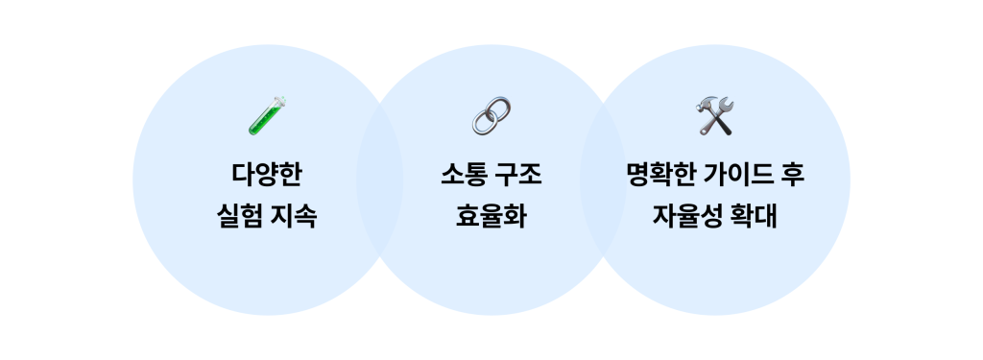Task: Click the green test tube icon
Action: pos(268,115)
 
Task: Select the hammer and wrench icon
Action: pos(714,115)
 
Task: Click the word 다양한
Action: pos(268,176)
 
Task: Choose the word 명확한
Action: pos(659,176)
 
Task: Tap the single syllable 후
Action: pos(793,176)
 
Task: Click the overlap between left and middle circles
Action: pos(379,180)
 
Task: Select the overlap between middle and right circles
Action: pos(603,180)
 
